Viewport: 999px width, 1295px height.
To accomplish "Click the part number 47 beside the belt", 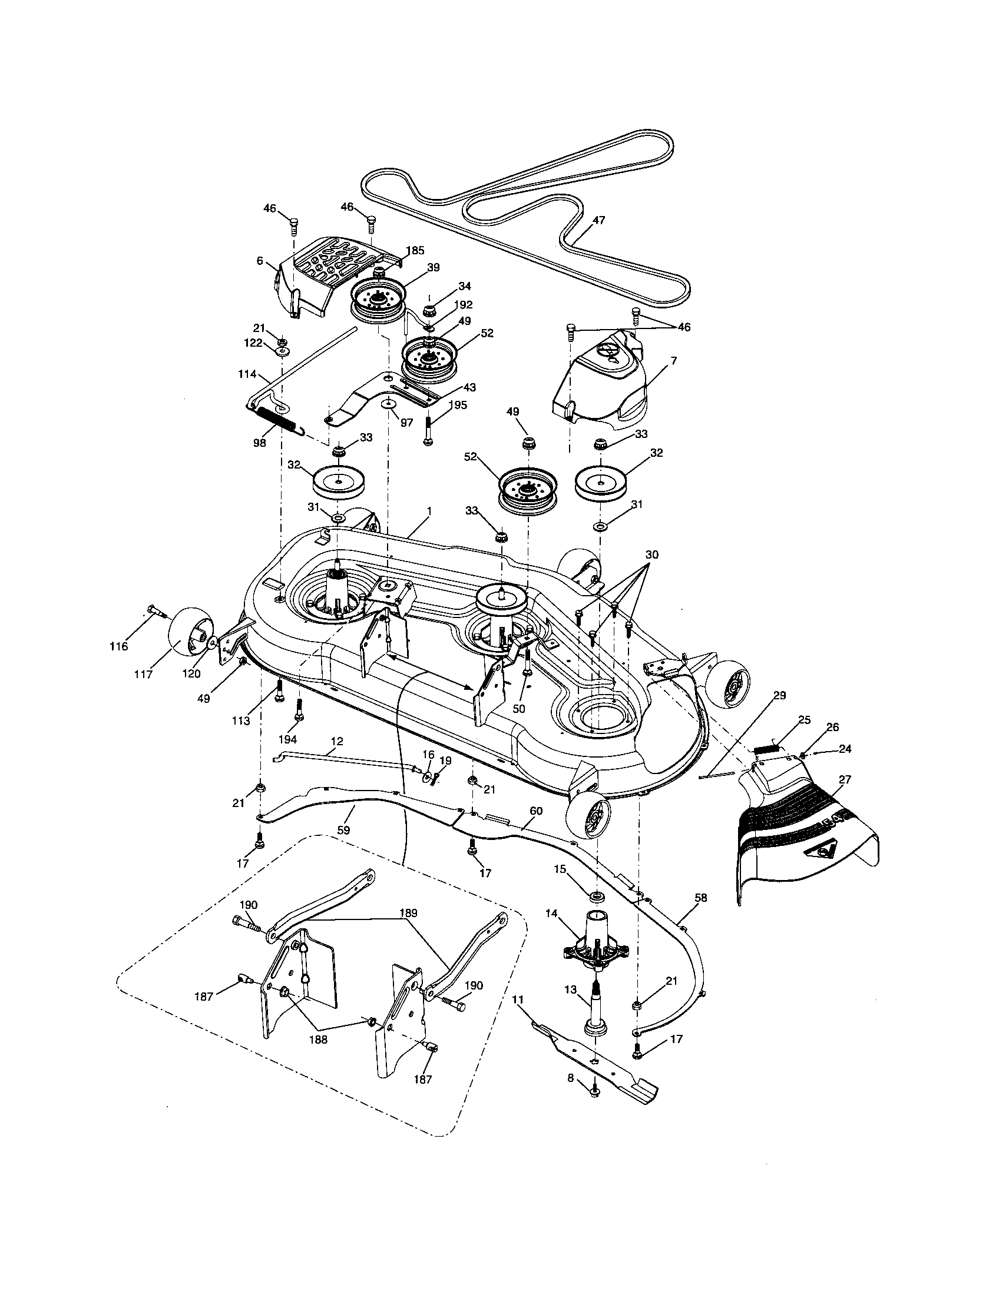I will [598, 220].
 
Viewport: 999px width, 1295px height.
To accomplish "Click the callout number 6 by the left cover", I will [260, 261].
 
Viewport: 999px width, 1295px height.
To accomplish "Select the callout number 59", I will [343, 829].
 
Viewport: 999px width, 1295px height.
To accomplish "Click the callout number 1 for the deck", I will [428, 510].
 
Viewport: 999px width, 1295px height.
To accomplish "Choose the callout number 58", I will [700, 898].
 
